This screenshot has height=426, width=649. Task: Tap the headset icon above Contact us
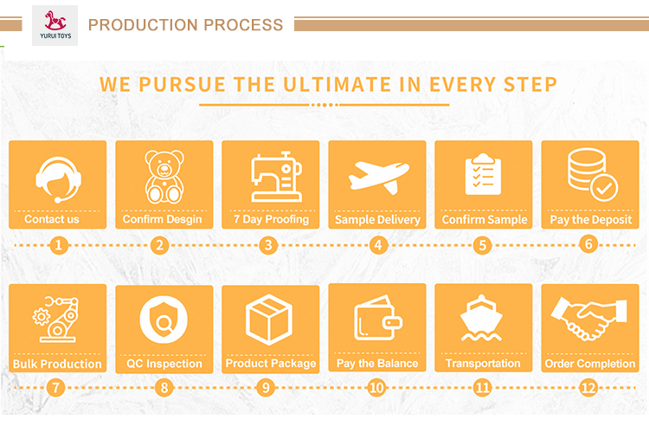[58, 180]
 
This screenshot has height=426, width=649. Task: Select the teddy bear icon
[164, 177]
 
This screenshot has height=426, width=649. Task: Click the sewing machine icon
[277, 177]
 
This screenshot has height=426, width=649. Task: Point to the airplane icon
[379, 177]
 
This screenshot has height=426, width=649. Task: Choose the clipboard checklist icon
[483, 174]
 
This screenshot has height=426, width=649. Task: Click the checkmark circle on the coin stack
[604, 188]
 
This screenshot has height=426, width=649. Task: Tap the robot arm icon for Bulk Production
[56, 319]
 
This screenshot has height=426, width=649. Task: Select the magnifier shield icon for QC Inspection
[164, 319]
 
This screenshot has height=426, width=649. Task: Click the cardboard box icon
[269, 319]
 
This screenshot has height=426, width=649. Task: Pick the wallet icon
[378, 318]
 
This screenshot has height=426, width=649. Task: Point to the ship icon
[481, 318]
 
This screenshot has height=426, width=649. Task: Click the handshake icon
[588, 318]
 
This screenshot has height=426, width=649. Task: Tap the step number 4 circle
[378, 245]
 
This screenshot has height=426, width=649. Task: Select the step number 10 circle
[376, 388]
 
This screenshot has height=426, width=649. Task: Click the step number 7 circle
[56, 388]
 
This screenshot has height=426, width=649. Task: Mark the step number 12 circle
[588, 388]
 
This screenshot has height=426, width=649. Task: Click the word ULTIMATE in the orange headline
[337, 85]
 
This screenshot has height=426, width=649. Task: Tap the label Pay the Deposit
[591, 219]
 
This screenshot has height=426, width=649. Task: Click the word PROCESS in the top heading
[243, 25]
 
